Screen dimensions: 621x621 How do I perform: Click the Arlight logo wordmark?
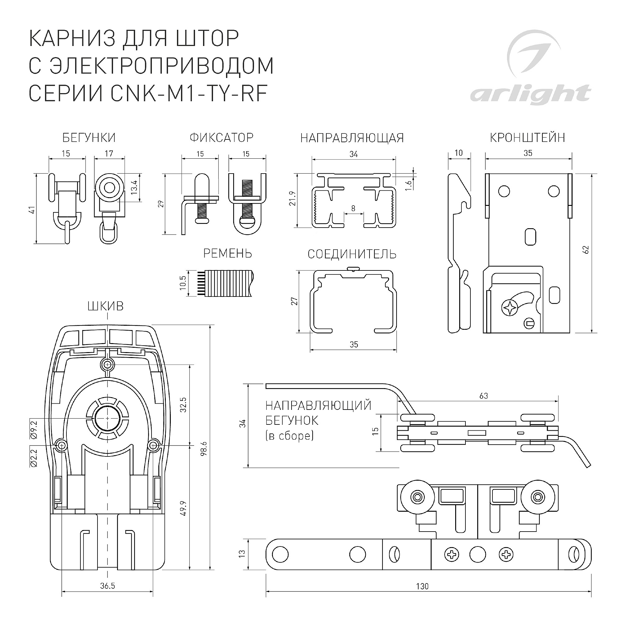(x=530, y=94)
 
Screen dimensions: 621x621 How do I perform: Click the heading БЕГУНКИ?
(x=89, y=138)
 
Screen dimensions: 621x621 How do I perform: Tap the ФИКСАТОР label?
(x=221, y=138)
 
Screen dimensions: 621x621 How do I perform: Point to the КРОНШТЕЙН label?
(x=527, y=138)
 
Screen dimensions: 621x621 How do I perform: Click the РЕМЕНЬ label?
(x=228, y=254)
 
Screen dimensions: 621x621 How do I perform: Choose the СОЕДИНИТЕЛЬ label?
(x=352, y=254)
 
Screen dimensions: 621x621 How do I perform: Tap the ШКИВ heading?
(x=106, y=306)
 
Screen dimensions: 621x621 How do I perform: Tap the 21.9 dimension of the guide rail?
(x=292, y=198)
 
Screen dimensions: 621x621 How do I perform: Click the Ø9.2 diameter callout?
(x=34, y=430)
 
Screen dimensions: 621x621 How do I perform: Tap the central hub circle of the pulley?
(x=107, y=418)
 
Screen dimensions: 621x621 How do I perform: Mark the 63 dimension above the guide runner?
(x=483, y=396)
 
